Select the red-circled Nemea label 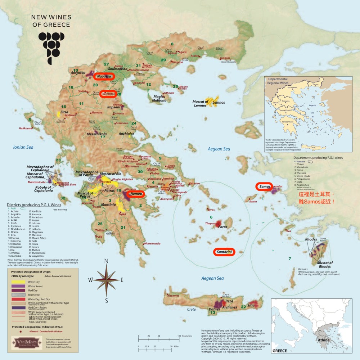tap(135, 194)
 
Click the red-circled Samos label tap(265, 186)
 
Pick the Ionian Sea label tap(23, 147)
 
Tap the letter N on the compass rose tap(106, 261)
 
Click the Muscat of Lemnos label tap(202, 103)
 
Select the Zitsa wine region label tap(64, 112)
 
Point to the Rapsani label tap(113, 107)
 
